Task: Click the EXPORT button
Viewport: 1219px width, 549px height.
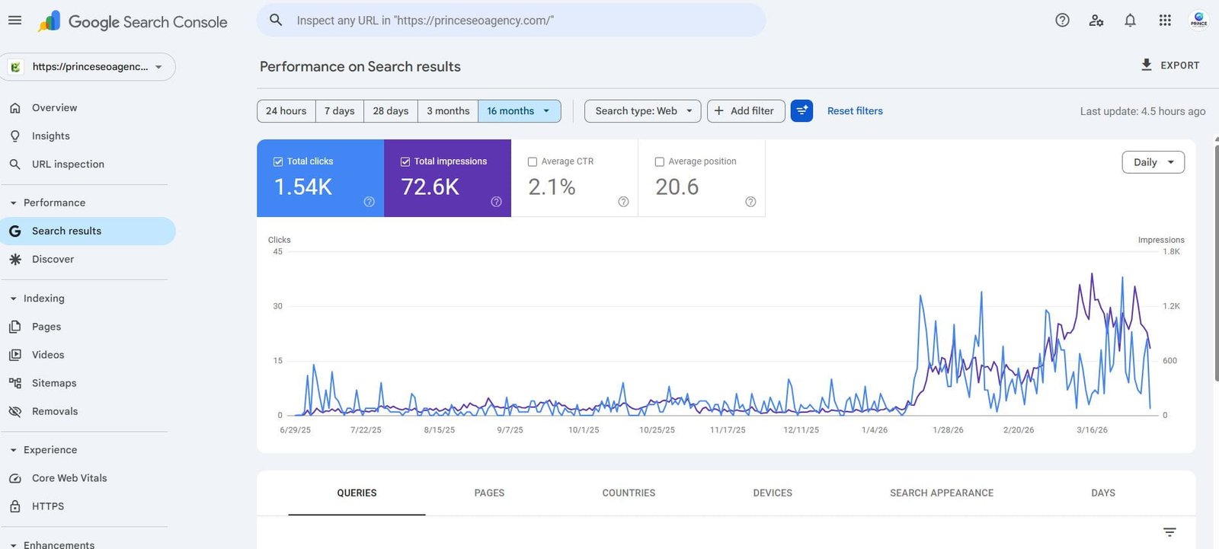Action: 1169,65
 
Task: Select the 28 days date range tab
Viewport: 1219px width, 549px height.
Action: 390,111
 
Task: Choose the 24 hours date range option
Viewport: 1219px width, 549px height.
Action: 286,111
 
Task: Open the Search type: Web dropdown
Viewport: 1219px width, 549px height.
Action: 642,111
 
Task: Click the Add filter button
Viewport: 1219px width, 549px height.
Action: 745,111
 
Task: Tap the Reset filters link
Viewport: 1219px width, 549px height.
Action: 855,111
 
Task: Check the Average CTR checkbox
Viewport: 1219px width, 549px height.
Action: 533,161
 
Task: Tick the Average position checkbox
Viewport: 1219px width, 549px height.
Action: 660,161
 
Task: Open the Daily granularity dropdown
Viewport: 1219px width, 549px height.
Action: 1153,162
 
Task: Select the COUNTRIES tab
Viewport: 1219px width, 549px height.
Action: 629,493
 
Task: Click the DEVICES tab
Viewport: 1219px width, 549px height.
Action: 773,493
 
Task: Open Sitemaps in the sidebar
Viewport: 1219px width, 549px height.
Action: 54,383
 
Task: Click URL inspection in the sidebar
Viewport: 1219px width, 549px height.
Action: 68,164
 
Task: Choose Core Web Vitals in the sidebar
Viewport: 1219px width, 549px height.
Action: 69,478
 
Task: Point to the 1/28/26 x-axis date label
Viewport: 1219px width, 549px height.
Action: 948,430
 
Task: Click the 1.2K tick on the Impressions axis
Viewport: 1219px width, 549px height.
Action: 1171,306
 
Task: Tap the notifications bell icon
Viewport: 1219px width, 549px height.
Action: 1130,21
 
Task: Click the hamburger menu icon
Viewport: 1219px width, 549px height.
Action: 15,21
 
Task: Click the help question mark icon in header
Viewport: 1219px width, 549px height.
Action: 1062,21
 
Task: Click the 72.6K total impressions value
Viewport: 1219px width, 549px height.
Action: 430,187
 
